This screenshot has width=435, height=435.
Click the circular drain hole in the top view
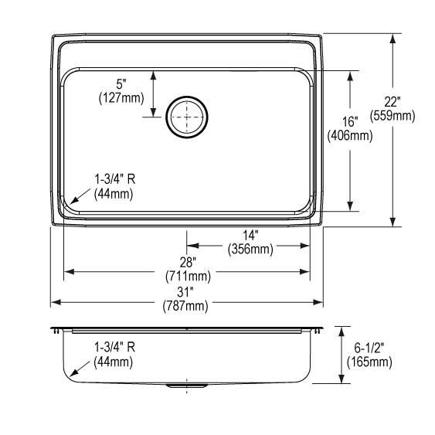tap(186, 118)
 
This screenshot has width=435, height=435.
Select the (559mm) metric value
tap(393, 117)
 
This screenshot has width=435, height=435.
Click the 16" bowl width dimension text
tap(351, 121)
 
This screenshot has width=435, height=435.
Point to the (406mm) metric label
tap(350, 136)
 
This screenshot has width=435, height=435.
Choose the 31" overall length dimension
tap(185, 291)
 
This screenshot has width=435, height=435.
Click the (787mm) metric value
tap(185, 306)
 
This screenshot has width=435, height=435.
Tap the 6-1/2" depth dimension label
tap(370, 347)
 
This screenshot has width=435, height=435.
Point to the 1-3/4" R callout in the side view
tap(114, 347)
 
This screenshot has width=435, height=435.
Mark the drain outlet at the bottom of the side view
tap(186, 384)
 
